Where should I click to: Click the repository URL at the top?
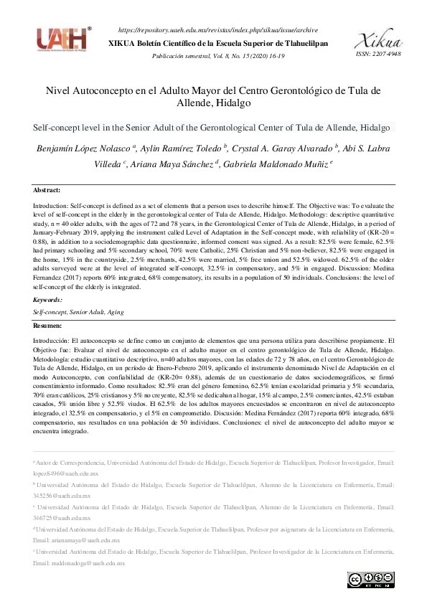coord(217,31)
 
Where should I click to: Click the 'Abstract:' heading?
coord(47,190)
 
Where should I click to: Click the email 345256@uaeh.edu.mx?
coord(62,496)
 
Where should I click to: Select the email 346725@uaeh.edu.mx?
coord(62,518)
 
